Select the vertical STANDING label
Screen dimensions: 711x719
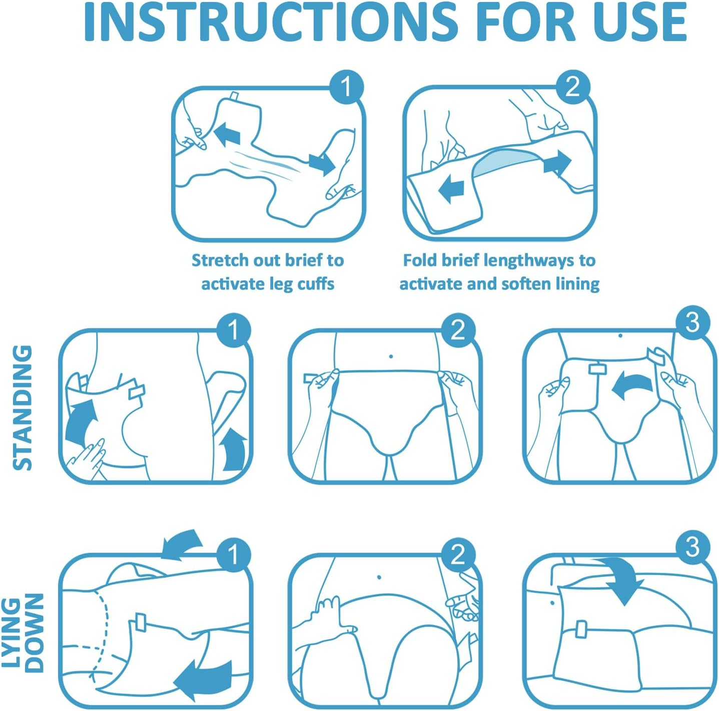(23, 408)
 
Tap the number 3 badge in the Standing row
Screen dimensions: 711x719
(692, 323)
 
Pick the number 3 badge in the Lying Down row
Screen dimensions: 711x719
(692, 547)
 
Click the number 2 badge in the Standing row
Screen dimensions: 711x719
(458, 330)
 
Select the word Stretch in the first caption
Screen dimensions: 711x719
(220, 260)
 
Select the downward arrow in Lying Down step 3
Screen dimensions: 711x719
(625, 583)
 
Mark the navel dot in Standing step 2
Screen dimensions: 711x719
(391, 357)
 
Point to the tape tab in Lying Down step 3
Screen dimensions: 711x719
(581, 629)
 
